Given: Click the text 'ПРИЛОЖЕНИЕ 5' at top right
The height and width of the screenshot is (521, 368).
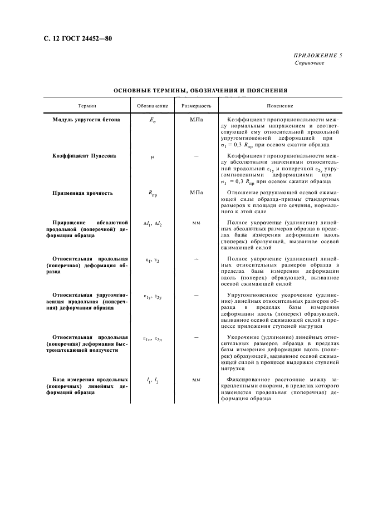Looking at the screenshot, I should (318, 56).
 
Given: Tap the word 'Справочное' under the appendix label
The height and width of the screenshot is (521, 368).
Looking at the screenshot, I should (310, 63).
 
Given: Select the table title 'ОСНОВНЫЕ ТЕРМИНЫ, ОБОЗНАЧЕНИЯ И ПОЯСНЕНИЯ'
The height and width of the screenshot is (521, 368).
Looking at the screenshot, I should (200, 90).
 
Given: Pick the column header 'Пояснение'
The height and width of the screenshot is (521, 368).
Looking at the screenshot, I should (279, 106).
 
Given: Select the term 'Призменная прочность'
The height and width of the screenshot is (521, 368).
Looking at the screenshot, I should (82, 193).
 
